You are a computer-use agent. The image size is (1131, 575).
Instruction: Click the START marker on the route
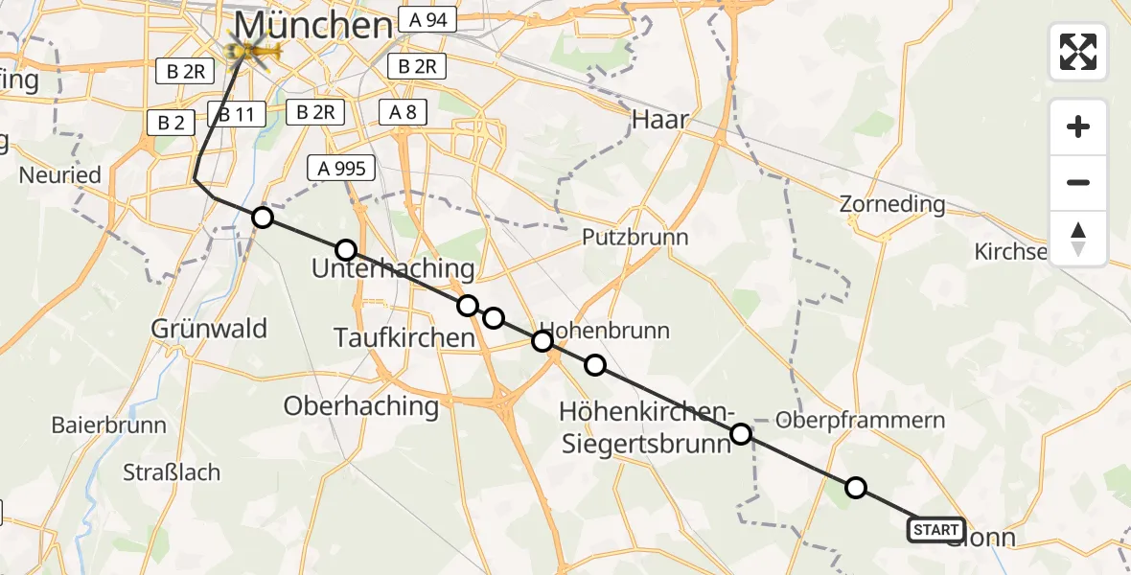(x=935, y=530)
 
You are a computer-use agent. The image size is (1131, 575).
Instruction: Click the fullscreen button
(x=1078, y=52)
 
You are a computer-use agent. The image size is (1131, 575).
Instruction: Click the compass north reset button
(x=1078, y=239)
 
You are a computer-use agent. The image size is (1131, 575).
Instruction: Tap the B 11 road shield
(x=236, y=116)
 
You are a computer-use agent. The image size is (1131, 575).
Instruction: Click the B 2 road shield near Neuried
(x=171, y=122)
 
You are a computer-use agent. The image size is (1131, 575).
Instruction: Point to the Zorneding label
(x=891, y=204)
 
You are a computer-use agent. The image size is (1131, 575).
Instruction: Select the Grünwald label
(x=209, y=329)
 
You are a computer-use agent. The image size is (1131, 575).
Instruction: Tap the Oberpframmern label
(x=860, y=420)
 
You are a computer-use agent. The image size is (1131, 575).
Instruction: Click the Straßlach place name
(x=172, y=472)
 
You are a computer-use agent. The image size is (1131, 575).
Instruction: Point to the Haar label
(x=660, y=119)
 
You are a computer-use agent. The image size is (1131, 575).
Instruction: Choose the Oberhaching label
(x=360, y=405)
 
